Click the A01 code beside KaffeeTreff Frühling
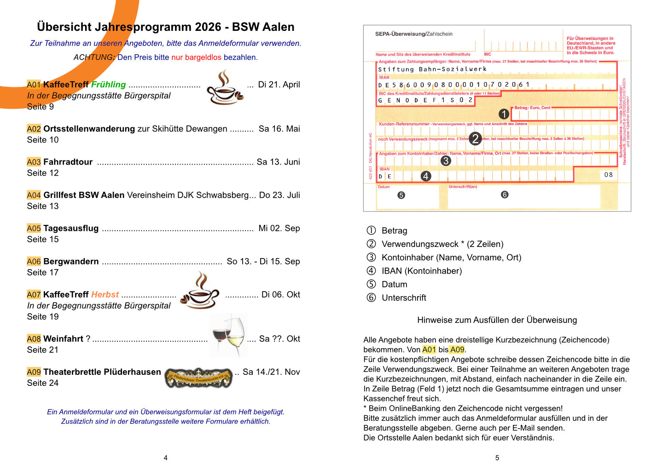34,85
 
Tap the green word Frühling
108,85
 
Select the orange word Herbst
105,295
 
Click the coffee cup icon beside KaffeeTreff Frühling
224,87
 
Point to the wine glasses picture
228,336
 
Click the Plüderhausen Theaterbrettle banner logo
198,378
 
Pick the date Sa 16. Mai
279,129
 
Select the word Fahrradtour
68,162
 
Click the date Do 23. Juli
279,195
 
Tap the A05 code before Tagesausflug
34,229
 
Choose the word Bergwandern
71,262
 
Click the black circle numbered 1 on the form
504,114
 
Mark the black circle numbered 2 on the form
475,138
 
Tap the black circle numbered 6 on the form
505,195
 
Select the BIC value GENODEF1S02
425,100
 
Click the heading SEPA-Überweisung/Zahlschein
413,34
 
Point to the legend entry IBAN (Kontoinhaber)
421,271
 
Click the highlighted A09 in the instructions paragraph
457,350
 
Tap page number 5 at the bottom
497,458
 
